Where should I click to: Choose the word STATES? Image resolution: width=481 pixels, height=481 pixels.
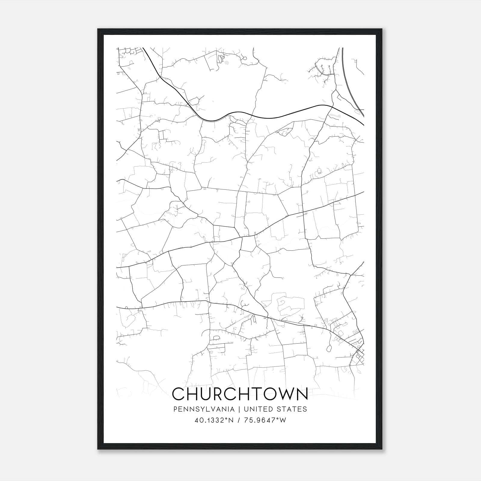pos(292,409)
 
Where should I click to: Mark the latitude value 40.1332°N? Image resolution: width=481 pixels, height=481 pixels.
pos(214,420)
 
